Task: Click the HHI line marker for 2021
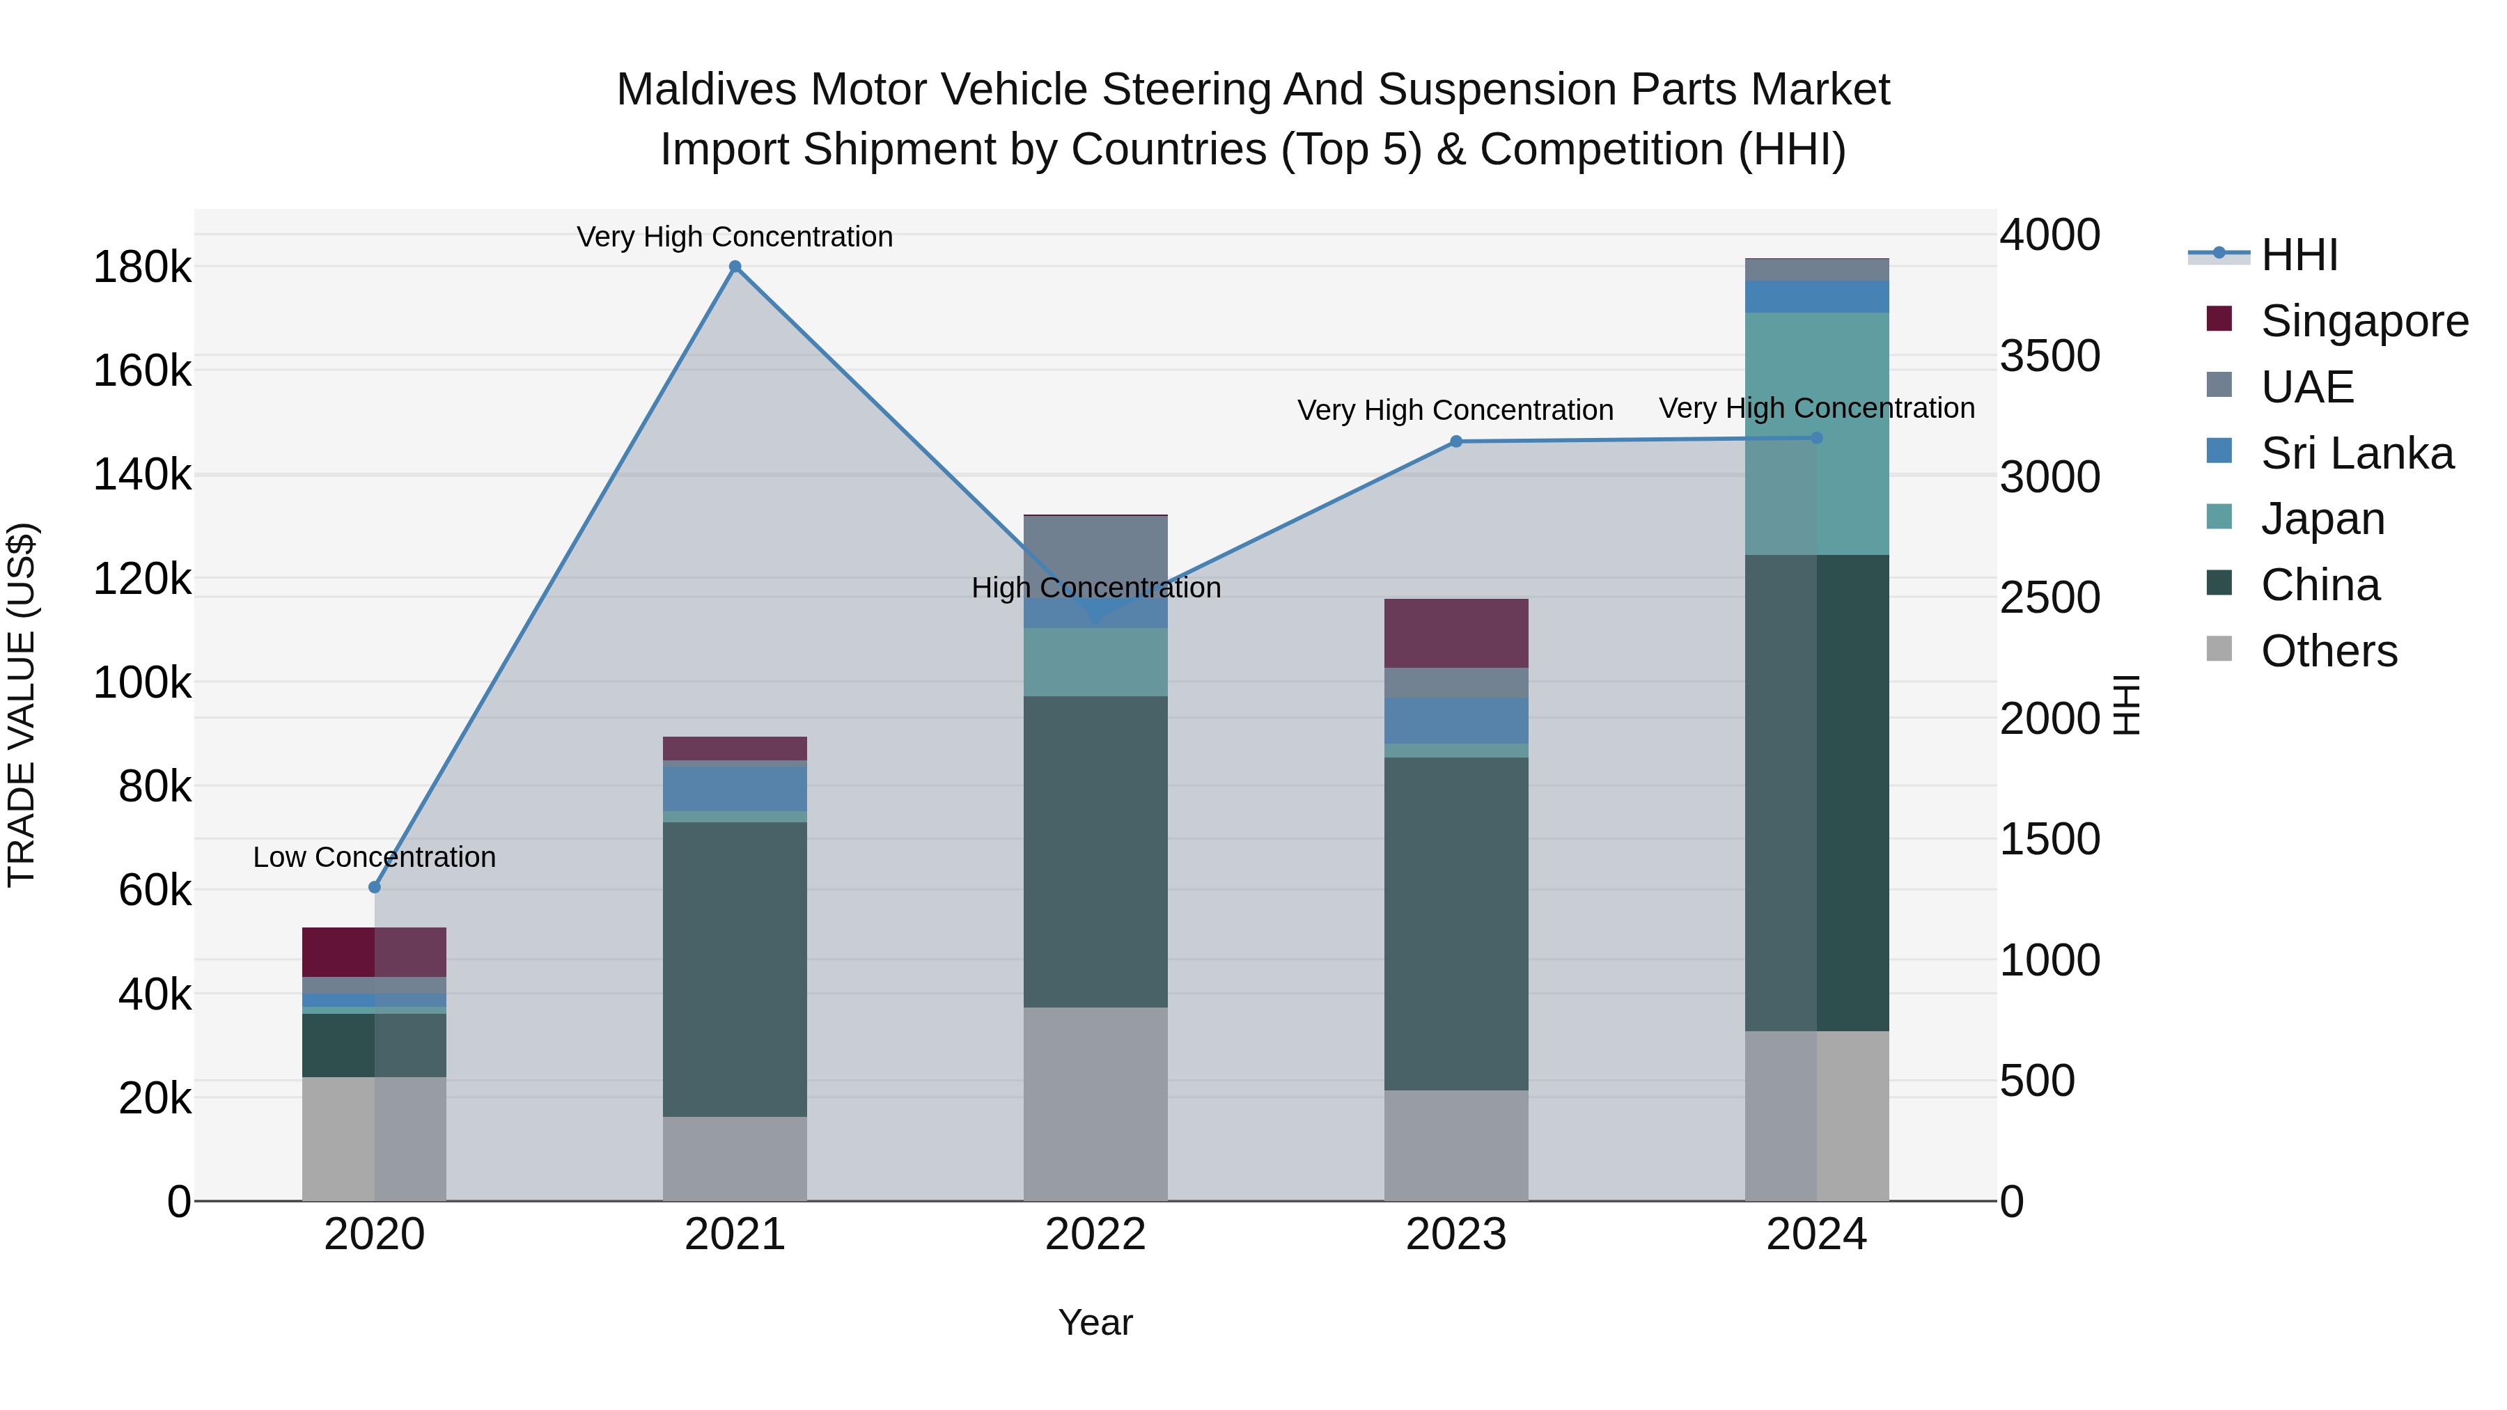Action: (x=735, y=267)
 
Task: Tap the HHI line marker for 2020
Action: (x=375, y=886)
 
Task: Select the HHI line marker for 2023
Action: (x=1456, y=441)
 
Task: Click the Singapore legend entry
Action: (x=2363, y=321)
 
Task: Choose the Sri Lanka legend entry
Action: (x=2356, y=453)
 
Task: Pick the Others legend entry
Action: (x=2328, y=651)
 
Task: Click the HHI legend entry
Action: (x=2298, y=255)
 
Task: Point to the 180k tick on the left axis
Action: (x=142, y=267)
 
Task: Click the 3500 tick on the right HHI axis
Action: (x=2049, y=356)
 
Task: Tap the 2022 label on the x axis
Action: (x=1095, y=1235)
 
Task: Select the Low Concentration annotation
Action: (x=375, y=857)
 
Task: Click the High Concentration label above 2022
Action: (x=1096, y=588)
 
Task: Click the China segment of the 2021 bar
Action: (x=735, y=969)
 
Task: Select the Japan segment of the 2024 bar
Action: (x=1816, y=433)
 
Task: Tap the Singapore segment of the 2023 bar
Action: (x=1456, y=632)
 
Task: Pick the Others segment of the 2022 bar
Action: (x=1095, y=1104)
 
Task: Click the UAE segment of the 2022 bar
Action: (x=1095, y=555)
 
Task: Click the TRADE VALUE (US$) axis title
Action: (x=22, y=705)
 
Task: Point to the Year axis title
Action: (x=1095, y=1322)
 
